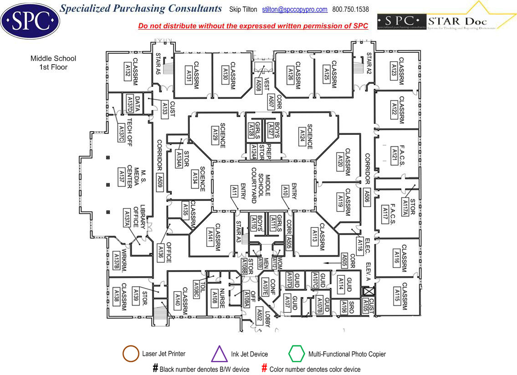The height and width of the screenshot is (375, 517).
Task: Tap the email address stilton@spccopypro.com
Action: (x=295, y=10)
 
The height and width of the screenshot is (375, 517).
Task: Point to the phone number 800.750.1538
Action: (x=351, y=10)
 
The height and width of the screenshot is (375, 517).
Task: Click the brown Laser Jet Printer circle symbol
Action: (x=131, y=354)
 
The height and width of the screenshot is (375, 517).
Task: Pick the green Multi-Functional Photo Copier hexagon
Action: (x=297, y=354)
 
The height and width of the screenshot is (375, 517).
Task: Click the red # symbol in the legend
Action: (x=264, y=368)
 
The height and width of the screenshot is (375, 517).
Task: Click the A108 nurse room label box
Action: (x=215, y=298)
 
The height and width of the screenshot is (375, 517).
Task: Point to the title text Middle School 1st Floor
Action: (x=53, y=63)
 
